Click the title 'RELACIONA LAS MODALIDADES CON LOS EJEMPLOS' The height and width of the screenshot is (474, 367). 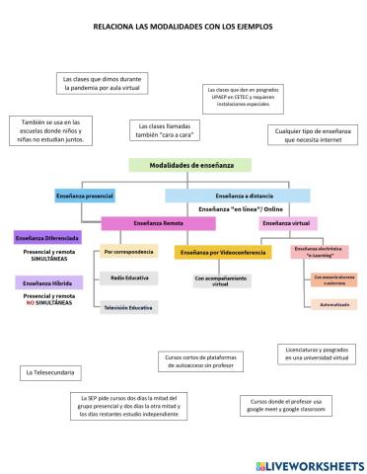pos(183,28)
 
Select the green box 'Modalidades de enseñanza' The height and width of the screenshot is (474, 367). pos(188,164)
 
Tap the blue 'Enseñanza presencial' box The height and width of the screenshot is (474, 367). pos(84,196)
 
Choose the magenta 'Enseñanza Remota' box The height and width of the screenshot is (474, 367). pos(158,223)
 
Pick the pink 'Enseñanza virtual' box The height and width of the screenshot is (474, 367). pos(288,223)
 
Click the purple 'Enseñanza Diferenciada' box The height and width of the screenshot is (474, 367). pos(47,238)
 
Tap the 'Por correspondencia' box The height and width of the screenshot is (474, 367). pos(129,251)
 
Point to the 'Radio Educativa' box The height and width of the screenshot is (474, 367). pos(130,278)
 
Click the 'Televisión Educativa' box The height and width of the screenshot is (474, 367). pos(129,308)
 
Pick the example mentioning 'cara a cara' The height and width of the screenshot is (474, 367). pos(163,131)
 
